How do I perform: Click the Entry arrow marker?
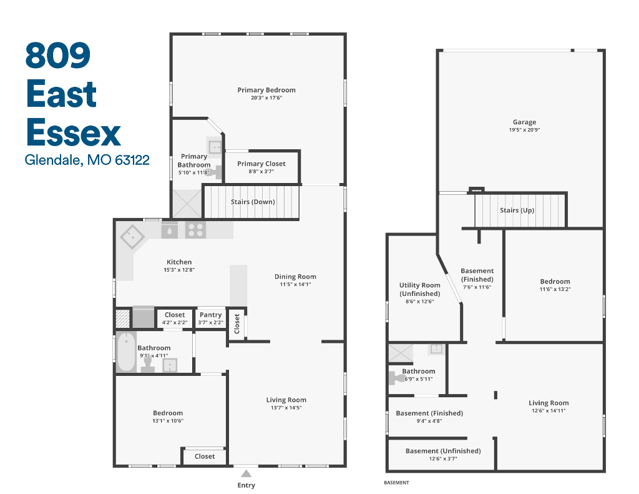[x=246, y=473]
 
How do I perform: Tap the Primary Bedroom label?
[x=266, y=90]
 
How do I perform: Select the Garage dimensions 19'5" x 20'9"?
[x=524, y=130]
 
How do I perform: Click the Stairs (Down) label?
[x=253, y=202]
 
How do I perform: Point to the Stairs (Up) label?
[x=517, y=210]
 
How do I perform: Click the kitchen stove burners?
[x=195, y=230]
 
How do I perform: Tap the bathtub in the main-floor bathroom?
[x=126, y=352]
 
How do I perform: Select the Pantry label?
[x=211, y=315]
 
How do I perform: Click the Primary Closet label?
[x=261, y=164]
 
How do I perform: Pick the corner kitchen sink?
[x=132, y=237]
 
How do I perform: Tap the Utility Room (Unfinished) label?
[x=420, y=289]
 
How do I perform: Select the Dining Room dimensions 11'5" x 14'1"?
[x=295, y=284]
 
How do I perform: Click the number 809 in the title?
[x=58, y=56]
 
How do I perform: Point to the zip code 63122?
[x=132, y=159]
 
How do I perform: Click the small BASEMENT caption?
[x=396, y=483]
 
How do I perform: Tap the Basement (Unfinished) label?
[x=443, y=451]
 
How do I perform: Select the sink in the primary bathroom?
[x=215, y=147]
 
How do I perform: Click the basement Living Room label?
[x=549, y=403]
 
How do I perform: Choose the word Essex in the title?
[x=74, y=132]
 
